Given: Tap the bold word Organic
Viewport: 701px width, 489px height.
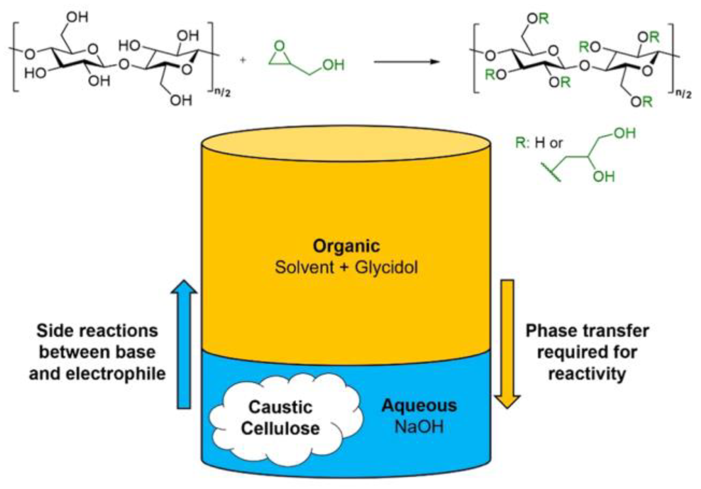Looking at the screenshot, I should [346, 246].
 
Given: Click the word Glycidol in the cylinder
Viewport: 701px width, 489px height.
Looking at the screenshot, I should [386, 268].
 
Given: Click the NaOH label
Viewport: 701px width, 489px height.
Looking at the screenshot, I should [419, 427].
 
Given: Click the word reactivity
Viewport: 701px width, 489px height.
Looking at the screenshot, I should [587, 374].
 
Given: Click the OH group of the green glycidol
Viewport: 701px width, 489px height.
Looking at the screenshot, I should [334, 65].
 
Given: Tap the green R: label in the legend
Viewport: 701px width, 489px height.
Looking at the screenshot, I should [522, 143].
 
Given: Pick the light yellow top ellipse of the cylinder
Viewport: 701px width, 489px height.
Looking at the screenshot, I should [346, 143].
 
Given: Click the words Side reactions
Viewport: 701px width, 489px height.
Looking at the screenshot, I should [97, 331].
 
